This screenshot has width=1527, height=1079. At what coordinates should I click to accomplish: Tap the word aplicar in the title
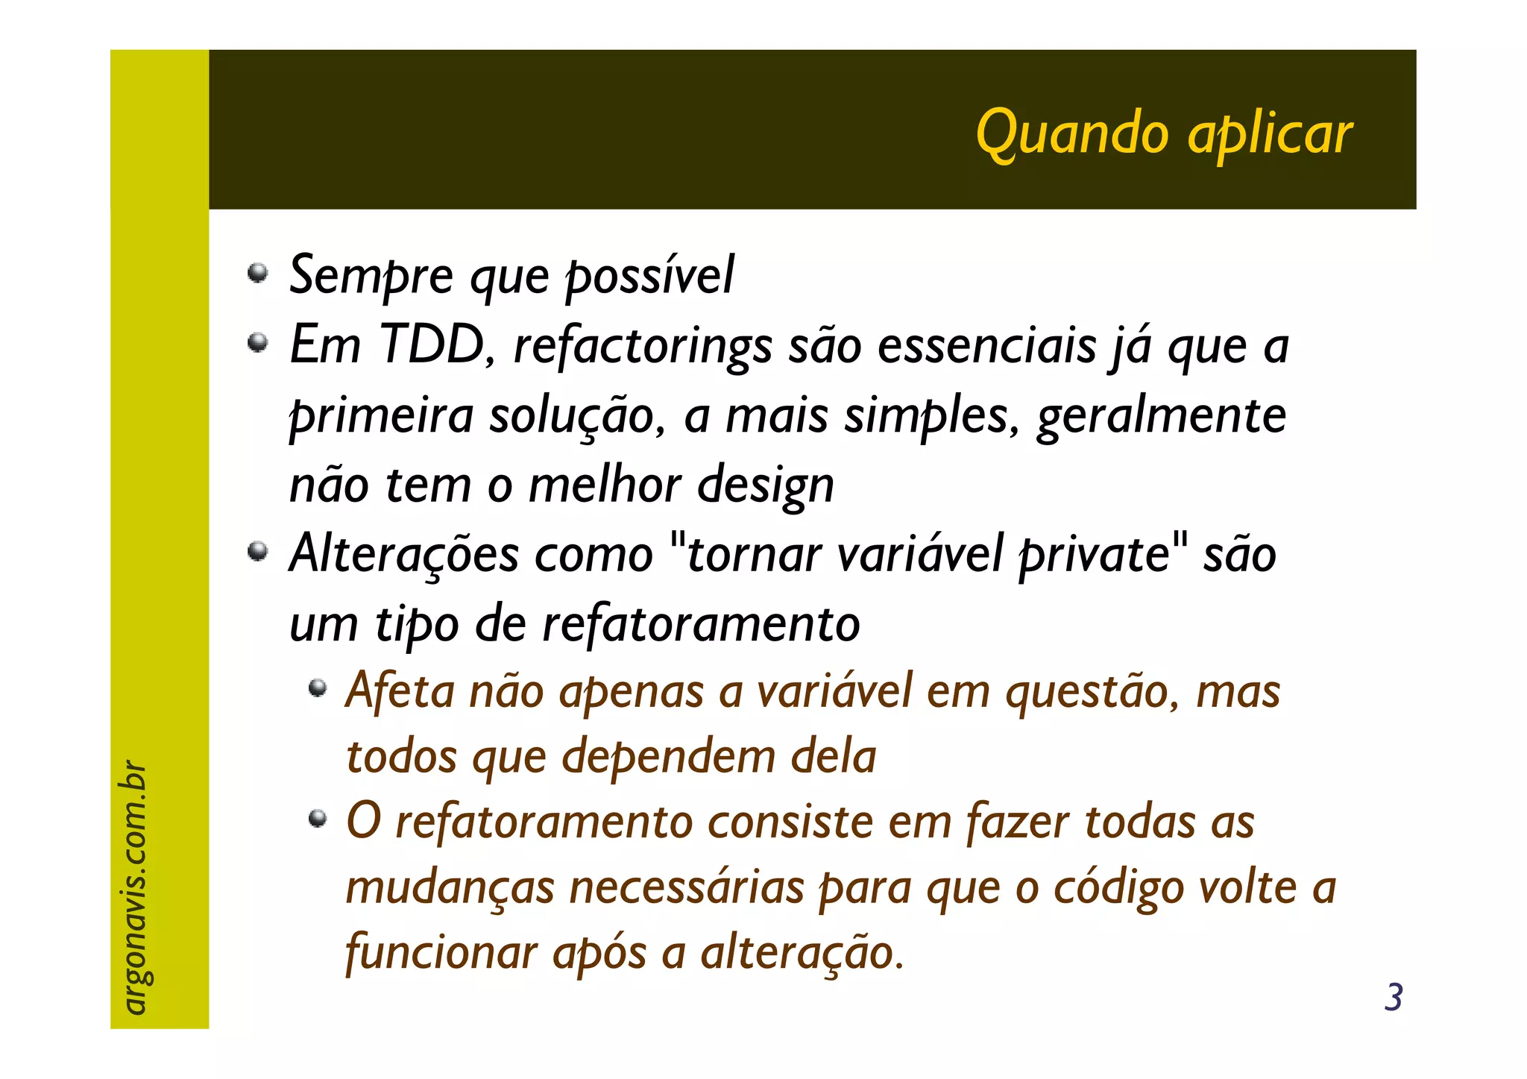point(1270,134)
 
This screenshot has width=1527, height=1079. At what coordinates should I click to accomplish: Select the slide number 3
point(1393,998)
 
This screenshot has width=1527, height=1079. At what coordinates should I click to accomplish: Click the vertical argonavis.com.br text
point(134,887)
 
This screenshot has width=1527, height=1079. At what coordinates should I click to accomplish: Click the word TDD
point(432,346)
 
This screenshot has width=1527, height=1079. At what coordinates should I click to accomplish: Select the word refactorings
point(643,347)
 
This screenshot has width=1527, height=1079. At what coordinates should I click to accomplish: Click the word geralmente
point(1161,416)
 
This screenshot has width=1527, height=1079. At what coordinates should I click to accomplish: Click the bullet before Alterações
point(257,553)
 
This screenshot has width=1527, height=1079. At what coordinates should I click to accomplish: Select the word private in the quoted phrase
point(1094,556)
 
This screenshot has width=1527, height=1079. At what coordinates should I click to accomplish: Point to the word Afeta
point(400,691)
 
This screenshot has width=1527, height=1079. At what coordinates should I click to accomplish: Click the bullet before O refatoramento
point(318,819)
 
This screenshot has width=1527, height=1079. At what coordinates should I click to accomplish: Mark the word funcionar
point(441,953)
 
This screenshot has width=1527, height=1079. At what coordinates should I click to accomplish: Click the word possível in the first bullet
point(649,276)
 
